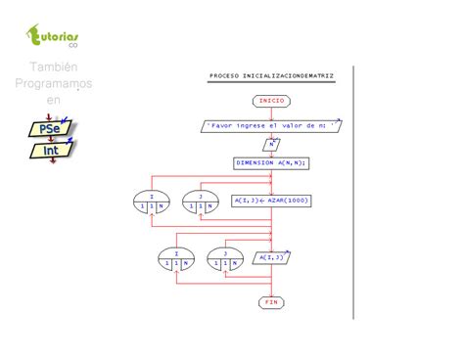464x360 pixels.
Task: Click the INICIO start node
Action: coord(271,101)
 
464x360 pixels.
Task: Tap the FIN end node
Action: coord(271,302)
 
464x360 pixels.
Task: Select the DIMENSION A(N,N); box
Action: coord(271,163)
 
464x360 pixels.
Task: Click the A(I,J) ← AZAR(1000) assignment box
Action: coord(271,201)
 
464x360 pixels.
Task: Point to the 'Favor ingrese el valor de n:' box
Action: coord(271,125)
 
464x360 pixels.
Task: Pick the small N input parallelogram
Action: coord(271,144)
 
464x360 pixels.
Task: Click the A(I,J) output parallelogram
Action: coord(271,258)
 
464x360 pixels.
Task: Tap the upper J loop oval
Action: coord(200,202)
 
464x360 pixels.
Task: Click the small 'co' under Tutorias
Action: coord(72,47)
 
